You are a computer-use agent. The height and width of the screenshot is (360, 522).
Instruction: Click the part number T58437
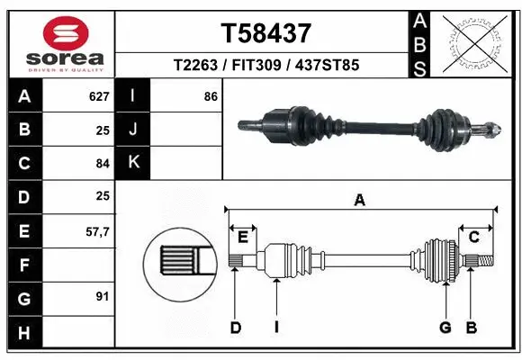click(265, 33)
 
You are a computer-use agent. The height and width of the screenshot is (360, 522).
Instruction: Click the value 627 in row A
click(98, 96)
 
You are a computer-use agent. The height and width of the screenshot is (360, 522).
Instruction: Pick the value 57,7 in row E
click(96, 231)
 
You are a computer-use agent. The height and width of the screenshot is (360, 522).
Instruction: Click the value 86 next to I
click(211, 96)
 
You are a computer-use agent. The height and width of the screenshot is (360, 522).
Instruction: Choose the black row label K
click(133, 163)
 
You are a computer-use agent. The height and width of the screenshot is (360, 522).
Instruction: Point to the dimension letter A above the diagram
click(359, 202)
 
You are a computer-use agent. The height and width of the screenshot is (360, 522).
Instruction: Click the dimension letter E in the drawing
click(243, 237)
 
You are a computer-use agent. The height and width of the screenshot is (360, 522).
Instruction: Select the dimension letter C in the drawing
click(473, 237)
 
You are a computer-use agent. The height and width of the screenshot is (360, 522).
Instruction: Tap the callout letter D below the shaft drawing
click(235, 328)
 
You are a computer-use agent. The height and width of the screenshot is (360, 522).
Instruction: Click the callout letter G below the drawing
click(445, 328)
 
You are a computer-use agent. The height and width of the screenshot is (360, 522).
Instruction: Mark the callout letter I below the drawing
click(276, 328)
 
